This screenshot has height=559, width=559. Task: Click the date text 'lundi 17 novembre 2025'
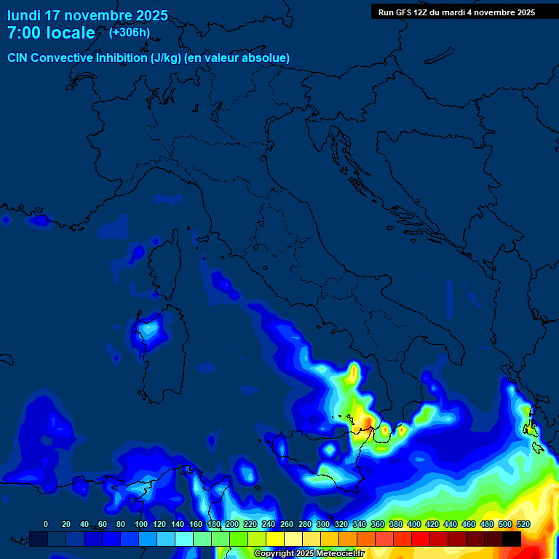87,15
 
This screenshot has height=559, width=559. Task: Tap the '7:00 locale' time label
51,33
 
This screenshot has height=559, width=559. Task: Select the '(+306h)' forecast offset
130,32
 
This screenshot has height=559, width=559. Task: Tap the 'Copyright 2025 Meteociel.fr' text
309,553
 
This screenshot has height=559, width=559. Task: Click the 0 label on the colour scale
46,524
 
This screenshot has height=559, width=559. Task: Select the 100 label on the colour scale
141,524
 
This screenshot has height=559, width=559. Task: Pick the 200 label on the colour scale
232,524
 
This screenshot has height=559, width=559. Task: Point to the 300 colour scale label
323,524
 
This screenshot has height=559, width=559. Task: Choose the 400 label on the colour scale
414,524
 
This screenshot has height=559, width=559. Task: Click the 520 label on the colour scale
523,524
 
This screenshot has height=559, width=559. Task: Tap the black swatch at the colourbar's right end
512,539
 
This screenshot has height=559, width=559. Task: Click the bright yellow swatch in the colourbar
275,539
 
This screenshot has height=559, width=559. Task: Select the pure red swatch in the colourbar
421,539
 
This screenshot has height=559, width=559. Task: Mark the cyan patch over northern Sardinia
149,328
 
